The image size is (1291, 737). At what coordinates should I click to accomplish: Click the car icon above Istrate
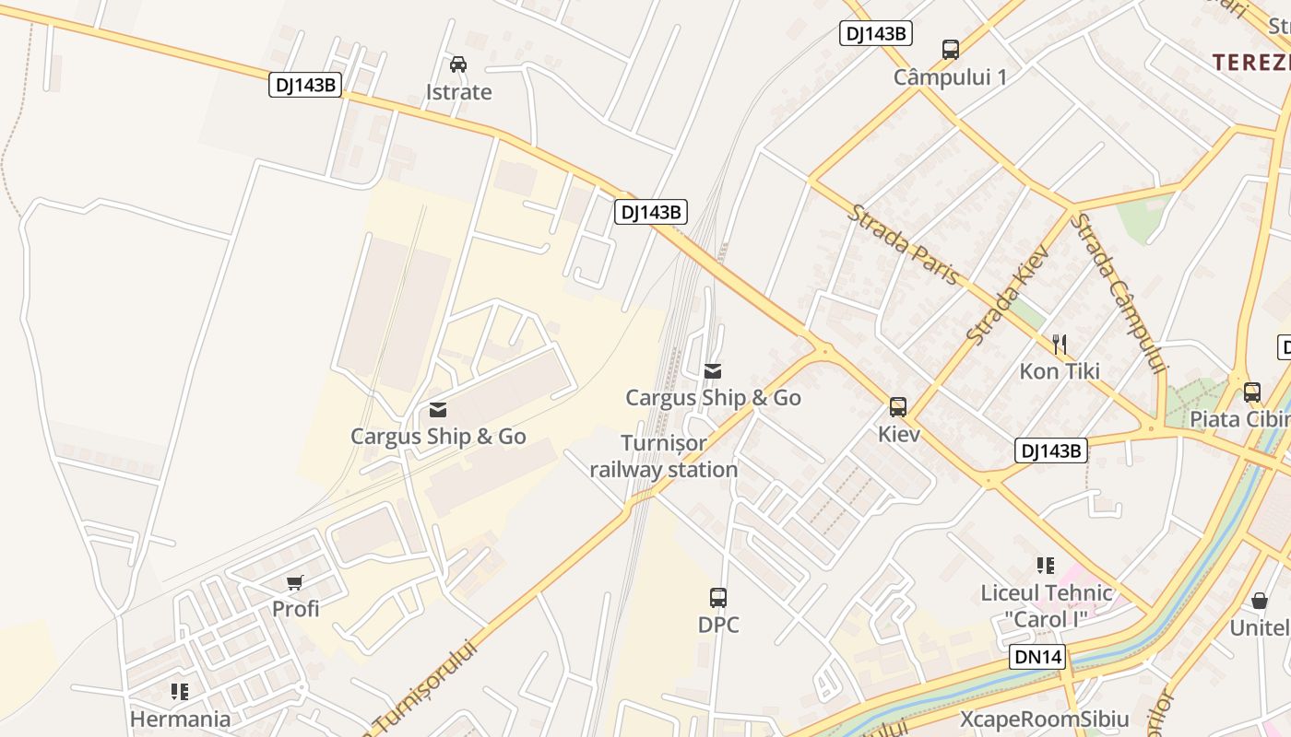click(457, 64)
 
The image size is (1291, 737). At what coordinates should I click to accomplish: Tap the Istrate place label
click(458, 92)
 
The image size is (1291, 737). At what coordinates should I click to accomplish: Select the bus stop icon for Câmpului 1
click(950, 50)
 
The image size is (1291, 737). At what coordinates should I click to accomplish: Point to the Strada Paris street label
click(905, 245)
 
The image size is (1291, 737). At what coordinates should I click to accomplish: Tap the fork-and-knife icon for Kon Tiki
click(1060, 345)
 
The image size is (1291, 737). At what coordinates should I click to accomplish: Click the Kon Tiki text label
click(1060, 371)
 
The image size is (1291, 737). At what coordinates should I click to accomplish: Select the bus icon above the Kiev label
click(897, 406)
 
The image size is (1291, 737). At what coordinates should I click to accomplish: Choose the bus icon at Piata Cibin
click(1251, 392)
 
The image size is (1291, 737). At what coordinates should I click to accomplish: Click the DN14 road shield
click(1038, 657)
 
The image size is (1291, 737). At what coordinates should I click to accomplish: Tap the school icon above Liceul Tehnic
click(1045, 566)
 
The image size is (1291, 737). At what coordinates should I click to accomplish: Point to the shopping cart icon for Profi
click(295, 582)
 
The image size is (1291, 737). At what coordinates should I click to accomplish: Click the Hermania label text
click(180, 719)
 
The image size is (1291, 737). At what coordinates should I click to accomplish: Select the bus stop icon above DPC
click(718, 598)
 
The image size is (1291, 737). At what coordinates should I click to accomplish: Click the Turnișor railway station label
click(664, 456)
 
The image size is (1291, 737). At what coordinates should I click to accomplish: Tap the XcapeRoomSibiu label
click(1044, 719)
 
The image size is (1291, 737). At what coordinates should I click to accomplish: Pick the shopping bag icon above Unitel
click(1259, 602)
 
